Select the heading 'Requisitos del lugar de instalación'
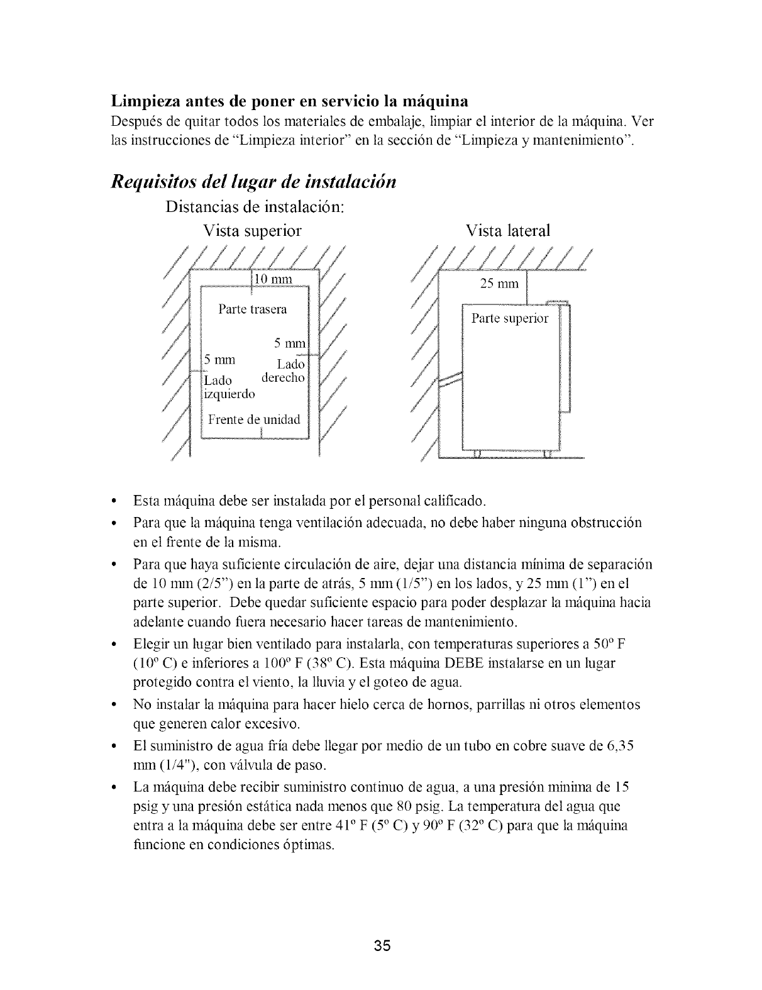click(253, 182)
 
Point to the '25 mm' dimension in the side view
click(500, 284)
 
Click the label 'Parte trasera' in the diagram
click(252, 309)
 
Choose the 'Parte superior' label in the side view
click(510, 318)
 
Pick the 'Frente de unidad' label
click(254, 420)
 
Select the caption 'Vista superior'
click(252, 231)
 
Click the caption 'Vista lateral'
click(508, 231)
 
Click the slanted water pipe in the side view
click(450, 379)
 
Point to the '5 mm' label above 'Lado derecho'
click(289, 344)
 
